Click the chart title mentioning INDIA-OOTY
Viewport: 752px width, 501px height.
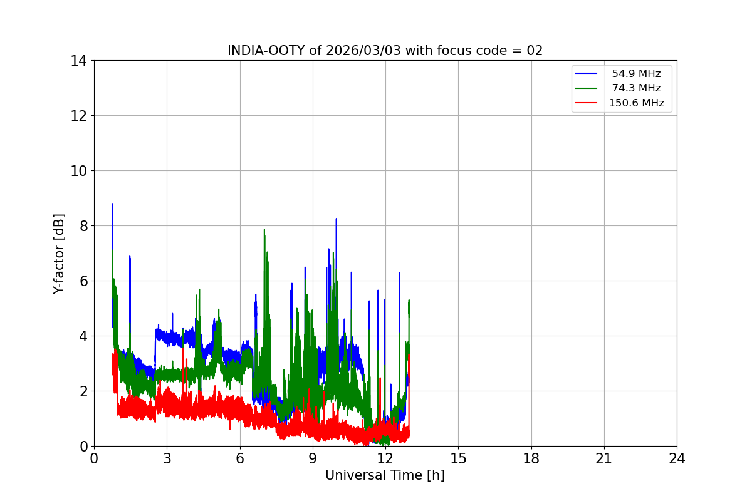(385, 51)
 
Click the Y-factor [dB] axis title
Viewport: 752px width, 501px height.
(59, 254)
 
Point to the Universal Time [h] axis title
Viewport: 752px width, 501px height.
(385, 475)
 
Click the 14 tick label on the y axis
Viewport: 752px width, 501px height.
(78, 61)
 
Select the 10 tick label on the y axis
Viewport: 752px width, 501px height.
(78, 171)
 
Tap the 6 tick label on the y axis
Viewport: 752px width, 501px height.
(83, 281)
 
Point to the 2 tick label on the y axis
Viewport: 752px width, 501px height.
(83, 391)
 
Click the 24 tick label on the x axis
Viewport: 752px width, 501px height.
(677, 458)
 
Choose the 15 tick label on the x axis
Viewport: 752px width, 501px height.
(458, 458)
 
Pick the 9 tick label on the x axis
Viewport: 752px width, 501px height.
(313, 458)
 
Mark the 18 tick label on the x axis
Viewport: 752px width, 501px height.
(531, 458)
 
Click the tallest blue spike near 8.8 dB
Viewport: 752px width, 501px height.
(112, 204)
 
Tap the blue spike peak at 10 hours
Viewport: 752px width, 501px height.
(337, 219)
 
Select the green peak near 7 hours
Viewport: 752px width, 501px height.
(264, 230)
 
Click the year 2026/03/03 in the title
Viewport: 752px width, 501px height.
(363, 51)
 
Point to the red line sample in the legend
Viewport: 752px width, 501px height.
(586, 103)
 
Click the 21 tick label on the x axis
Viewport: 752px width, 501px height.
(604, 458)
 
